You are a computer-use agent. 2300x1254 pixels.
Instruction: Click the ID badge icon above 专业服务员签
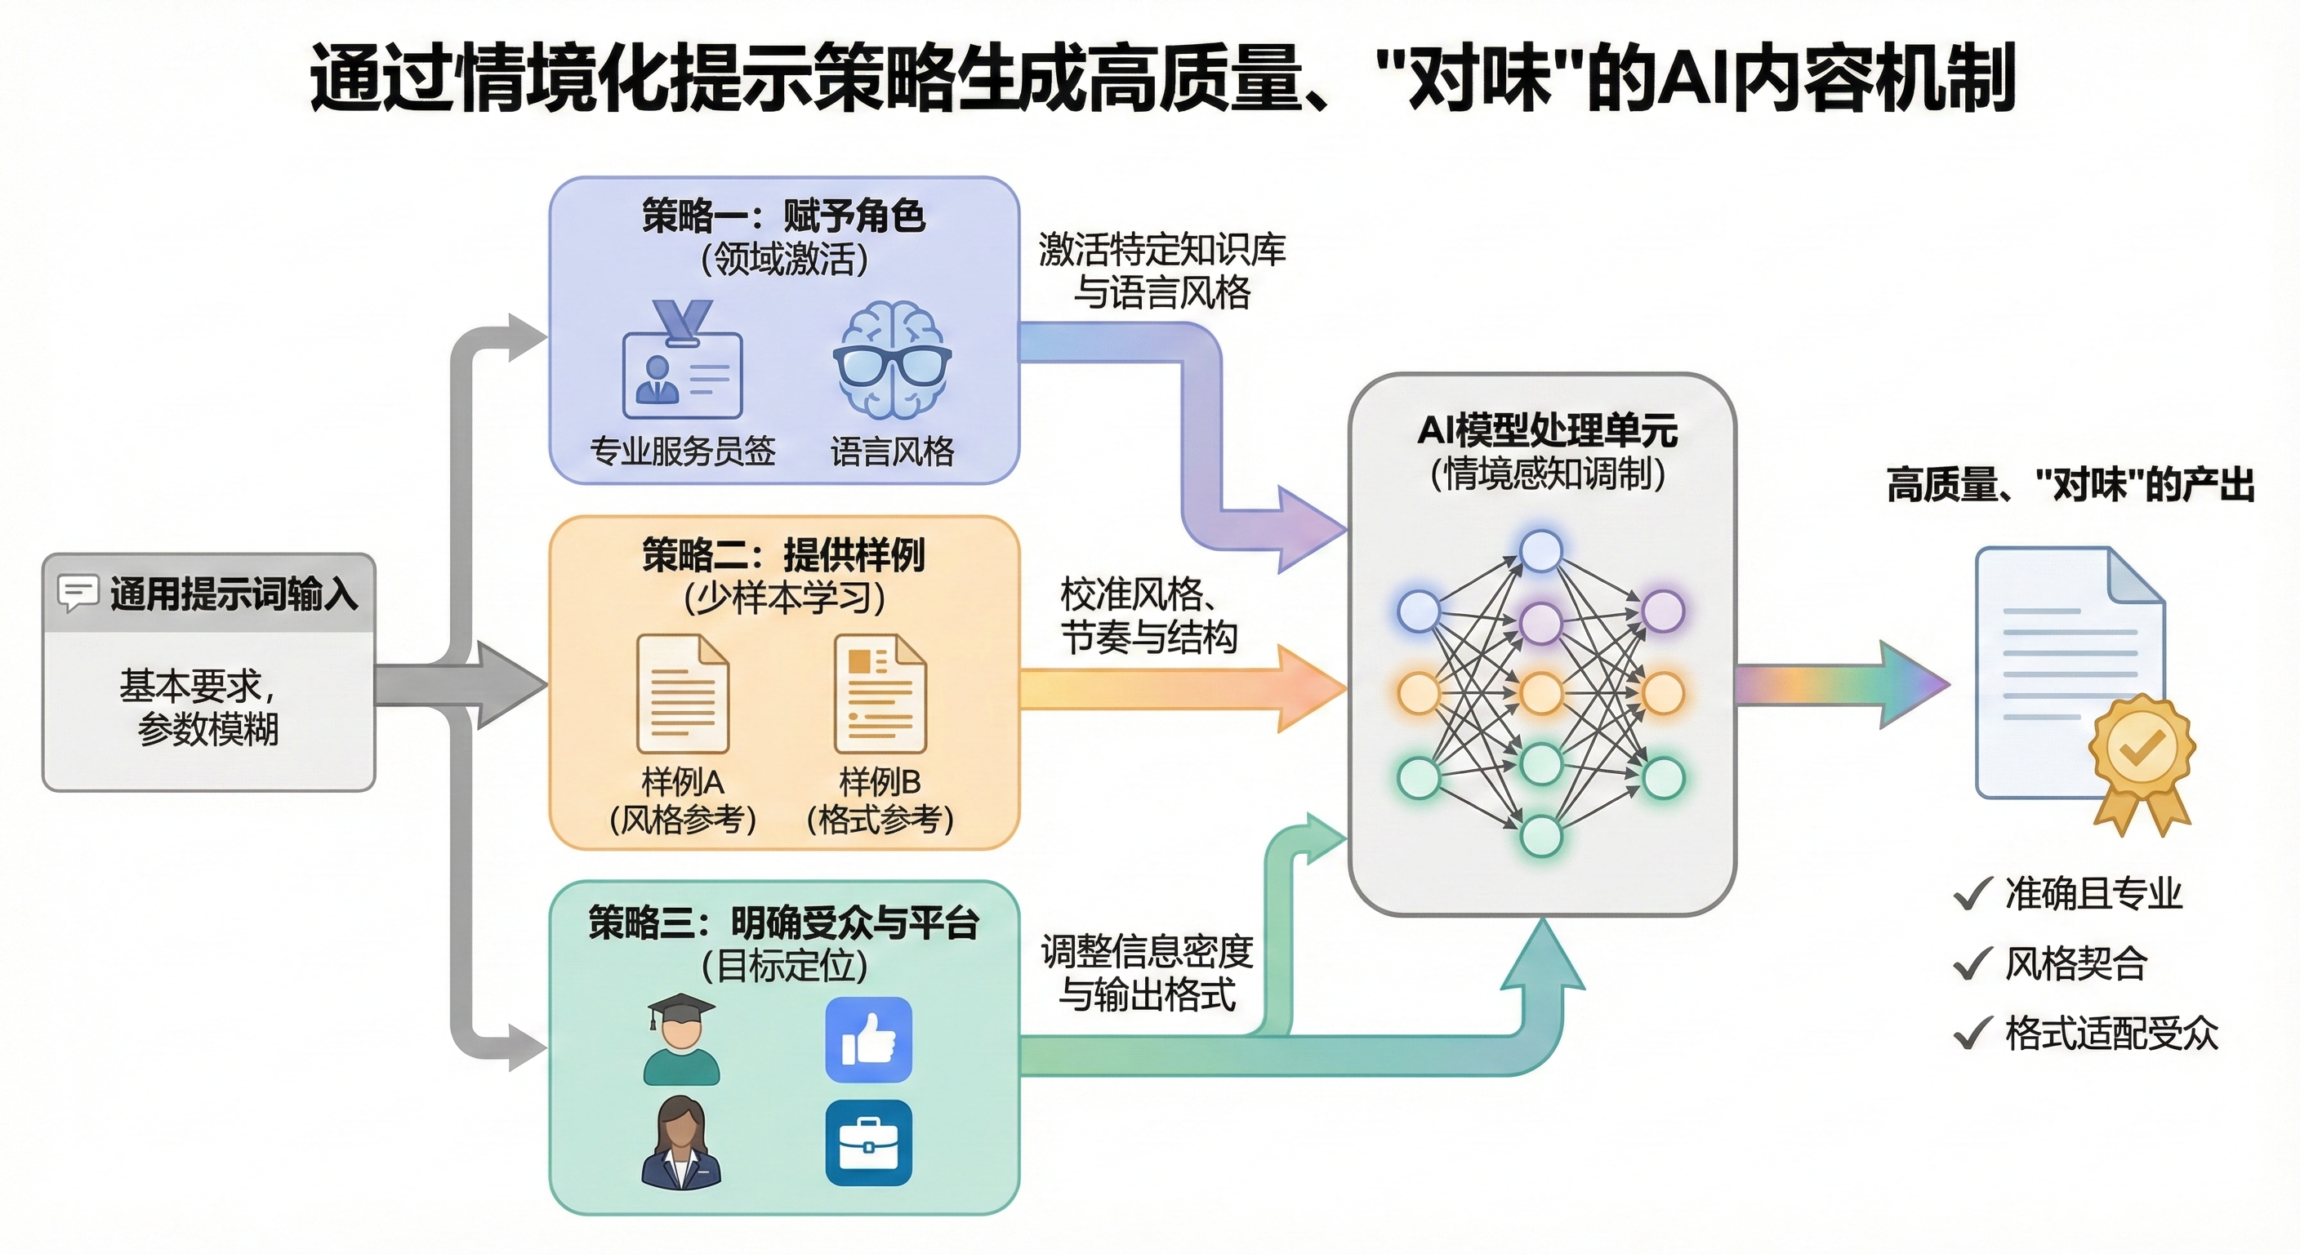682,364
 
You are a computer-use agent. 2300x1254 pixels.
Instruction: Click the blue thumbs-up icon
868,1040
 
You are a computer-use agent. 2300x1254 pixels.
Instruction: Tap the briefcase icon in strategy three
868,1143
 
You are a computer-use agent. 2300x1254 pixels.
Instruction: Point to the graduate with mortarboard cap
681,1040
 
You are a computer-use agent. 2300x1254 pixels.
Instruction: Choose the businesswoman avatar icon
681,1143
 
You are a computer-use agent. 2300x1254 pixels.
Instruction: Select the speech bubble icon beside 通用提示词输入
78,593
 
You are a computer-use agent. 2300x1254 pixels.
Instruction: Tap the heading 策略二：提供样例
783,555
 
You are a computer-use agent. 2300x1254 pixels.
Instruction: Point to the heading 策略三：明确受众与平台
783,922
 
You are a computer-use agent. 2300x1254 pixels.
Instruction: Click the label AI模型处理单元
1546,431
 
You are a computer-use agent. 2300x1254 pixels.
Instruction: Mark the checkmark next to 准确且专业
1972,893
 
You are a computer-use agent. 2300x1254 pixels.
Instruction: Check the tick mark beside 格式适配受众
1972,1034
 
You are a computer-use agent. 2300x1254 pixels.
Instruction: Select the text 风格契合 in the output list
2075,963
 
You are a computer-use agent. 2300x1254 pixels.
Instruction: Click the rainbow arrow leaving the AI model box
1839,686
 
